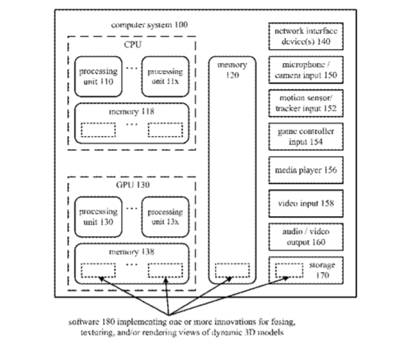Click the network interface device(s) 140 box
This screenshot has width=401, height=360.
(x=306, y=36)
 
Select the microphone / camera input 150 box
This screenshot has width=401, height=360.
(x=306, y=70)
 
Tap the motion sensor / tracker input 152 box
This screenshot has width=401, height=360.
(x=306, y=103)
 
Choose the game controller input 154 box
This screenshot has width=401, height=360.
(x=306, y=137)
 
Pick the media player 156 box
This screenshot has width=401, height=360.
(x=306, y=170)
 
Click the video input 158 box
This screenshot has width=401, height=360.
(x=306, y=203)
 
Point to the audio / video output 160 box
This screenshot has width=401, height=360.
(x=306, y=237)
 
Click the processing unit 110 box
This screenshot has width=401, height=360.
(x=98, y=77)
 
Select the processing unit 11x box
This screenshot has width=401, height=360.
(x=165, y=77)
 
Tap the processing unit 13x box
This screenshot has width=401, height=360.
(x=165, y=217)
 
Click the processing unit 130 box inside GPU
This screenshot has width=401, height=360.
(x=98, y=217)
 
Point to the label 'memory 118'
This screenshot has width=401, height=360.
(x=132, y=112)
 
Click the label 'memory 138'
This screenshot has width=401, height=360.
(x=132, y=252)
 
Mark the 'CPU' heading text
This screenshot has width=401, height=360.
(x=132, y=44)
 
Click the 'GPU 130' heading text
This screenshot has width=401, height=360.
(x=132, y=185)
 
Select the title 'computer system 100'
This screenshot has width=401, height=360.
(x=150, y=25)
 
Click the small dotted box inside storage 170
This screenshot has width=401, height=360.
(x=289, y=271)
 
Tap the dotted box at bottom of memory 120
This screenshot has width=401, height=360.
(x=232, y=271)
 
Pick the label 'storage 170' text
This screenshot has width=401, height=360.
(x=322, y=270)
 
